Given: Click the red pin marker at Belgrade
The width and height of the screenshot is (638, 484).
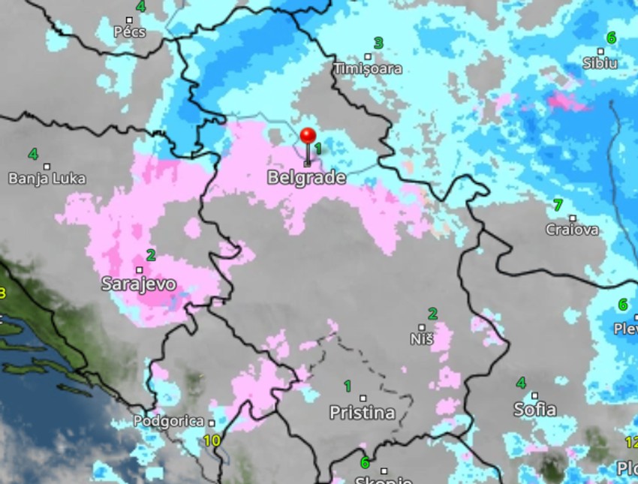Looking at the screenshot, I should click(308, 137).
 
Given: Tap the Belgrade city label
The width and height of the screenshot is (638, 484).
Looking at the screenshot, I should click(307, 178).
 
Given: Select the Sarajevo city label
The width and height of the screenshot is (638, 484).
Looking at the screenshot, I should click(139, 284).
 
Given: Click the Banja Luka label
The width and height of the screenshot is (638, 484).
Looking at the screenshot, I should click(47, 179).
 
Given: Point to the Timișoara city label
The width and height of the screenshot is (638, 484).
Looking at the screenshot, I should click(368, 69).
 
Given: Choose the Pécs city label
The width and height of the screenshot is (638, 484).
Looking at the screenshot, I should click(129, 32).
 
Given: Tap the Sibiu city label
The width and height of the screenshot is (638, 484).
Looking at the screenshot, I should click(600, 63).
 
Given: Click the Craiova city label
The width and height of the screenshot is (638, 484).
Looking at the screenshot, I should click(573, 230).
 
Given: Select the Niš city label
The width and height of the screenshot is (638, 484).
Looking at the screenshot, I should click(422, 338).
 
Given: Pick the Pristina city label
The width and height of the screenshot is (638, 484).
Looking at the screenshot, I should click(363, 413).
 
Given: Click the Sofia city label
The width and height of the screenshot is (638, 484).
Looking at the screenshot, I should click(534, 409).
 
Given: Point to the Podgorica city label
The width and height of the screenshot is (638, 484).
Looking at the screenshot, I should click(169, 422).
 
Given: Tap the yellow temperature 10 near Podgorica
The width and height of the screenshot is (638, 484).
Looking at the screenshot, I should click(212, 440).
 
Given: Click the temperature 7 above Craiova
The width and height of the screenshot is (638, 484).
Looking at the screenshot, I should click(557, 204).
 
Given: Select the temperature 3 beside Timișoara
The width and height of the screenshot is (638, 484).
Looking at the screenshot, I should click(378, 44).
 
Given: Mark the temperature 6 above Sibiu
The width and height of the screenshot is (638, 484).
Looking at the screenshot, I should click(611, 38).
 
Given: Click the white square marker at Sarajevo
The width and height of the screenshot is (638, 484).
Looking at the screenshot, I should click(140, 269).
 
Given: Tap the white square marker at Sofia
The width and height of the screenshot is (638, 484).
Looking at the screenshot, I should click(534, 395).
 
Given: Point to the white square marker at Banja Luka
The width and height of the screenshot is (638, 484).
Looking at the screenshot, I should click(47, 166).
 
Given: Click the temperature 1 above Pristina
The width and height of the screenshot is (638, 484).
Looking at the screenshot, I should click(347, 386).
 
